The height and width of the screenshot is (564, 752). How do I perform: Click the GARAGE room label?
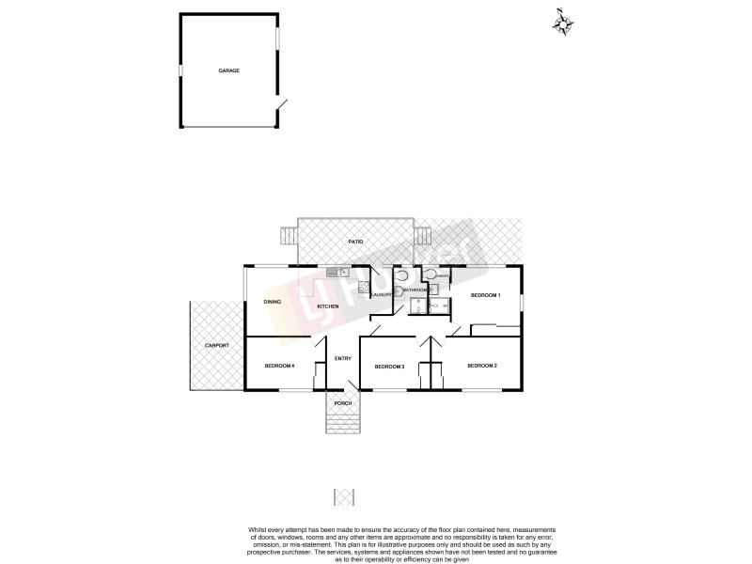[x=228, y=70]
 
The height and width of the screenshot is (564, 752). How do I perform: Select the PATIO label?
[x=355, y=242]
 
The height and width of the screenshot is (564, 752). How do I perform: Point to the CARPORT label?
[x=216, y=346]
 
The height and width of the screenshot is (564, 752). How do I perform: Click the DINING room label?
[x=273, y=302]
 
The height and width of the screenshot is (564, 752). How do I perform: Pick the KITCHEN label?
[x=327, y=307]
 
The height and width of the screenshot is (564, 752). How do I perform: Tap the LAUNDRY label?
[x=381, y=295]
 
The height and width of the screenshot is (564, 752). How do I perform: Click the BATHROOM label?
[x=415, y=290]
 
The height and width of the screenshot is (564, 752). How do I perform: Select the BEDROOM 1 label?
[x=485, y=296]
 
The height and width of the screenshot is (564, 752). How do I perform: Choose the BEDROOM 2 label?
[x=482, y=366]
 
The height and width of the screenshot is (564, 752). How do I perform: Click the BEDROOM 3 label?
[x=389, y=367]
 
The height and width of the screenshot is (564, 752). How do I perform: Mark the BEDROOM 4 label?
[x=279, y=366]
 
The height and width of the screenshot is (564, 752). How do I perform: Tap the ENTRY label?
[x=342, y=357]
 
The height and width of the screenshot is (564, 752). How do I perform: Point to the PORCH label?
[x=343, y=403]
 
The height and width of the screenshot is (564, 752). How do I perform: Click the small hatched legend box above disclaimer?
[x=343, y=495]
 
